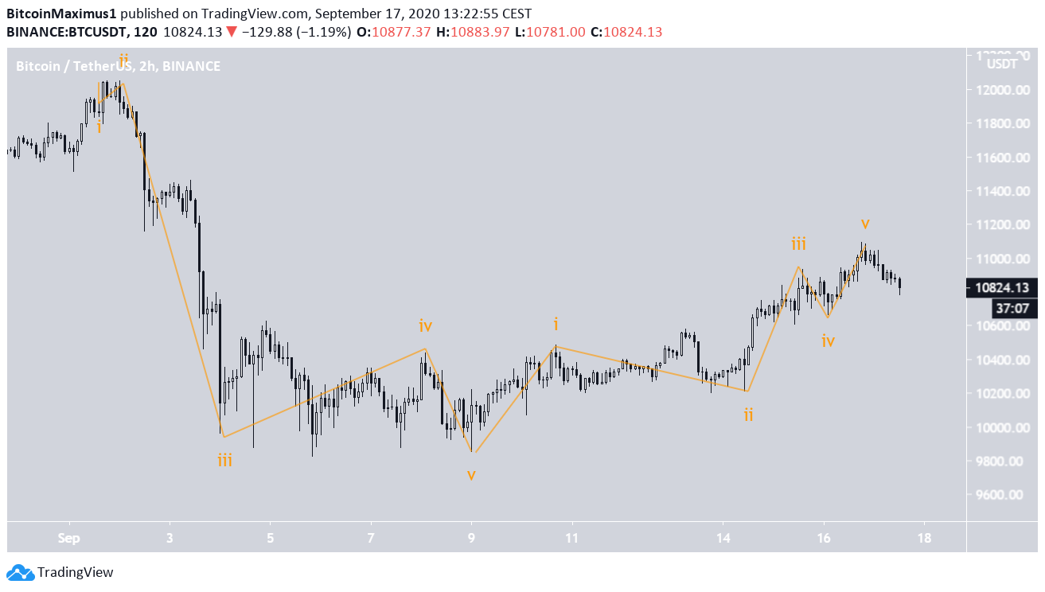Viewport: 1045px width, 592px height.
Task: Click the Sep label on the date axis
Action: coord(69,537)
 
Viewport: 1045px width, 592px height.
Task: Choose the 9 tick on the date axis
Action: coord(472,537)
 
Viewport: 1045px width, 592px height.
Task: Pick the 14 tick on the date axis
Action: coord(723,537)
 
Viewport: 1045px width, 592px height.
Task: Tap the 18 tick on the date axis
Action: coord(924,537)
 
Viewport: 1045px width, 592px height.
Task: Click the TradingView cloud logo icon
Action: coord(20,572)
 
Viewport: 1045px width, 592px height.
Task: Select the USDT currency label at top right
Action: coord(1002,64)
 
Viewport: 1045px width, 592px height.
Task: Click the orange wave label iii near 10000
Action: coord(225,460)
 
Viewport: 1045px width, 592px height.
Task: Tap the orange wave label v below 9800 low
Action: coord(471,475)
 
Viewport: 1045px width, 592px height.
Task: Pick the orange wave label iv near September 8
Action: coord(426,325)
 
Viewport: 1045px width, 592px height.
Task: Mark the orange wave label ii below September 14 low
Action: coord(748,415)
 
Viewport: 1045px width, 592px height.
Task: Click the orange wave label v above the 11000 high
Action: coord(865,223)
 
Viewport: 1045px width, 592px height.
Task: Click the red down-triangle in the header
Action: coord(230,33)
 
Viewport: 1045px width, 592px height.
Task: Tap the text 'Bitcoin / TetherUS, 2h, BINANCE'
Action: coord(118,66)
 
